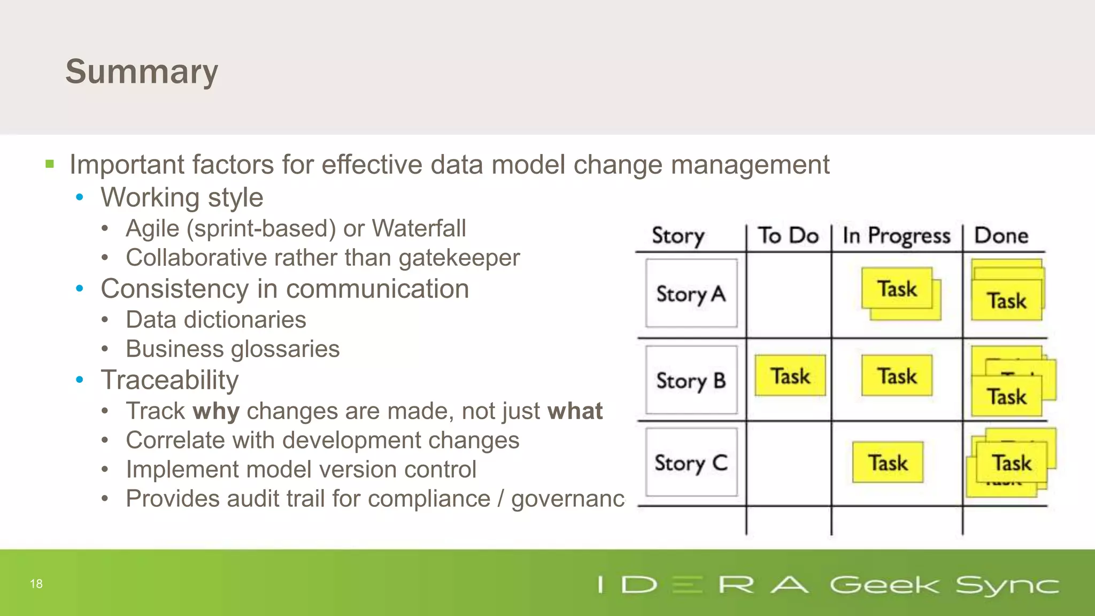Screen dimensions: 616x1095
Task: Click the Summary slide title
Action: (142, 72)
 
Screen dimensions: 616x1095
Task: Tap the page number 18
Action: (36, 584)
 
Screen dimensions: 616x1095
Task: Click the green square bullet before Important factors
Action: (50, 164)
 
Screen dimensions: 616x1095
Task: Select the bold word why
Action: (216, 411)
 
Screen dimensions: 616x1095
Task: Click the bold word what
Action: (575, 411)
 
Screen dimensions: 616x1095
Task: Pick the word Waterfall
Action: (419, 228)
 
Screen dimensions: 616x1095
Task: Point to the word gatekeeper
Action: (459, 258)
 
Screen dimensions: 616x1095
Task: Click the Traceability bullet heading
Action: (169, 380)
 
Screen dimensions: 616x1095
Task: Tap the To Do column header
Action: (788, 236)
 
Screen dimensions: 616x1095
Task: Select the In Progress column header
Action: (896, 236)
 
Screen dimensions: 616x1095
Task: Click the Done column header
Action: (1001, 236)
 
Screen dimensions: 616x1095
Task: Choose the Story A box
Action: (691, 294)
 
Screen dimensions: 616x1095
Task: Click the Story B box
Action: (691, 380)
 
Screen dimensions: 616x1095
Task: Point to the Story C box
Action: (691, 463)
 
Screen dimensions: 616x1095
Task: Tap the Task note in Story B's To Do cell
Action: (790, 376)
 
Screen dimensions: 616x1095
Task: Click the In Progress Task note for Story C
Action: (888, 463)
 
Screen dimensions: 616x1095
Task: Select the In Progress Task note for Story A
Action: (897, 289)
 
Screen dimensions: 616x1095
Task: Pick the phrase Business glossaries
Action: (233, 349)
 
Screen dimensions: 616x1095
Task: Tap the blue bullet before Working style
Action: (80, 197)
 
